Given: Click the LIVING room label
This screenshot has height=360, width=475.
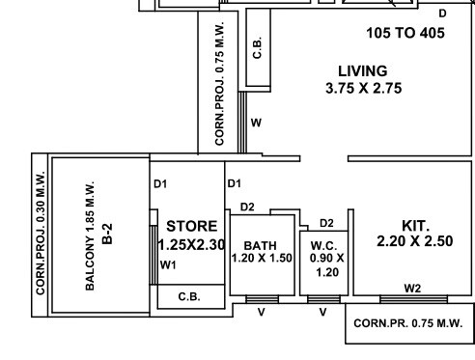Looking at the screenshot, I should pyautogui.click(x=362, y=70).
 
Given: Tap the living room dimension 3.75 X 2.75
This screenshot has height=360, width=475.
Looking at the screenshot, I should pyautogui.click(x=363, y=89).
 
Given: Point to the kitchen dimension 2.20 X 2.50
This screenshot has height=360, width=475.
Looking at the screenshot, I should pyautogui.click(x=415, y=240).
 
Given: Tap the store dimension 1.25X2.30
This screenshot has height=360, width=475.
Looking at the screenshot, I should pyautogui.click(x=191, y=245).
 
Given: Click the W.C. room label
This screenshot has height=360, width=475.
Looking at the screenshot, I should pyautogui.click(x=321, y=245).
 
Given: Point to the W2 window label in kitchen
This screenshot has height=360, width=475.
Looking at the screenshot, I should pyautogui.click(x=412, y=288).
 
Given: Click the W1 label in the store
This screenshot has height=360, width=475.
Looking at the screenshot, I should pyautogui.click(x=168, y=264).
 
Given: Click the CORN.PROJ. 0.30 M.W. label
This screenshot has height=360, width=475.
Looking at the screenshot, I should pyautogui.click(x=42, y=234).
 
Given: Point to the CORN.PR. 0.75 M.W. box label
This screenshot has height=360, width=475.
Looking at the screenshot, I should pyautogui.click(x=408, y=323).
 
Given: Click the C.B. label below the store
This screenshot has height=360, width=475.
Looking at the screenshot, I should pyautogui.click(x=189, y=297).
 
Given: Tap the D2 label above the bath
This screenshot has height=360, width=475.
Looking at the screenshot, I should pyautogui.click(x=247, y=207).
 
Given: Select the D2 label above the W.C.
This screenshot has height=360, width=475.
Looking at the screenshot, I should pyautogui.click(x=326, y=223).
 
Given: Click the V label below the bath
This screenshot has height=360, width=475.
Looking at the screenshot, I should pyautogui.click(x=261, y=311).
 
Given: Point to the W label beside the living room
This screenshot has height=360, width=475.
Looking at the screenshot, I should pyautogui.click(x=256, y=123).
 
